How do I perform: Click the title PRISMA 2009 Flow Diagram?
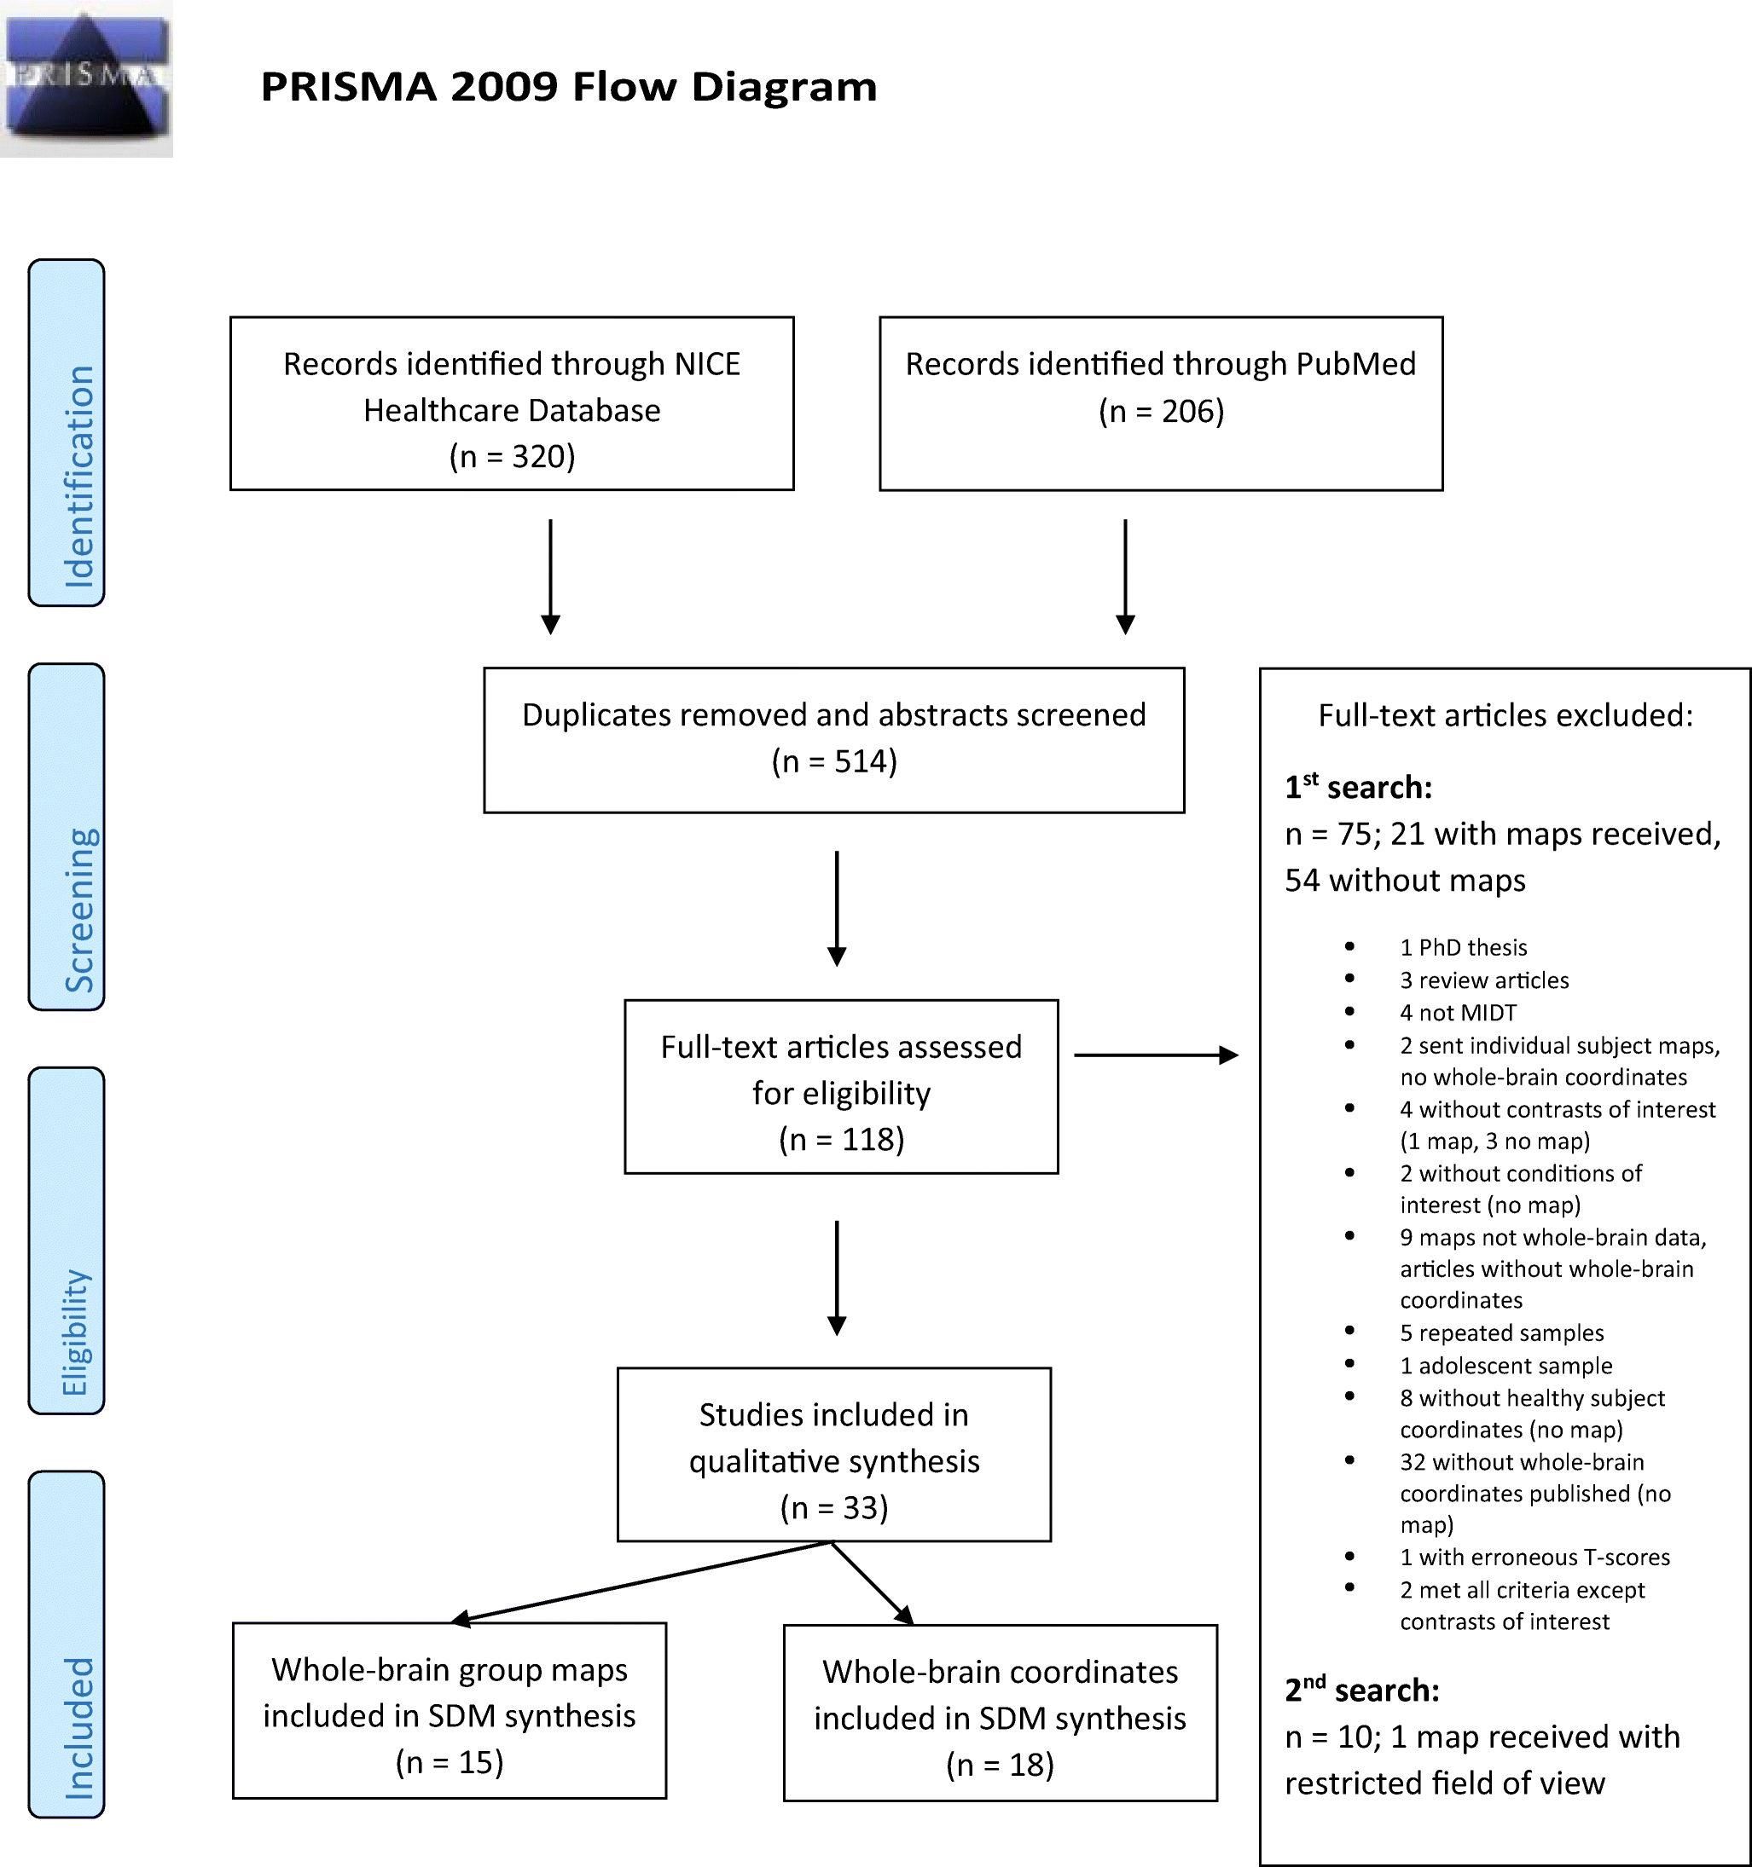point(568,87)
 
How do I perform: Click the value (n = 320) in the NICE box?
point(512,457)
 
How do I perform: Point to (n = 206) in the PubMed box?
point(1161,412)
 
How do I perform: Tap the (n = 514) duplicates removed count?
point(834,760)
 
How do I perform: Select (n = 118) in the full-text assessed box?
point(841,1139)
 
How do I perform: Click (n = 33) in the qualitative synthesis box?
point(833,1507)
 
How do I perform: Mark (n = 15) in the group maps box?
point(449,1762)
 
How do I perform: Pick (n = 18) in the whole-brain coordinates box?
point(1000,1765)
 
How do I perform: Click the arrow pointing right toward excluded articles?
point(1156,1055)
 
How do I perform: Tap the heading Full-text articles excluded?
point(1505,715)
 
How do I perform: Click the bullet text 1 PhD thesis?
point(1463,948)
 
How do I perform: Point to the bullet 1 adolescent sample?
point(1505,1366)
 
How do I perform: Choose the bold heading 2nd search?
point(1361,1691)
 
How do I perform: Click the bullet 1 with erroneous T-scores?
point(1534,1557)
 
